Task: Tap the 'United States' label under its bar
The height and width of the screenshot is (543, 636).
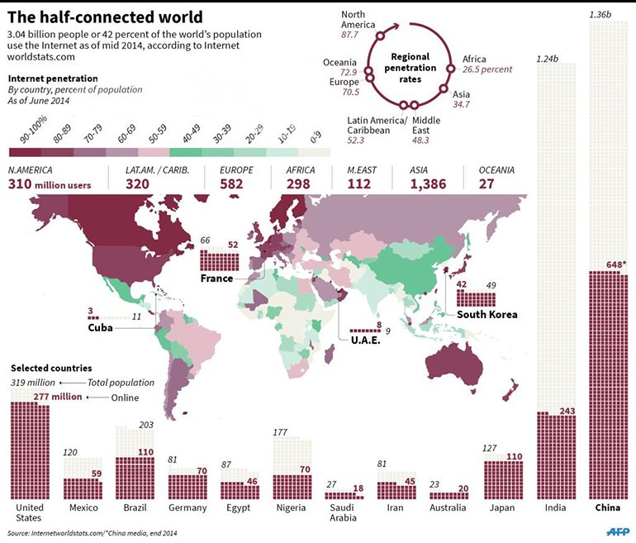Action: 30,512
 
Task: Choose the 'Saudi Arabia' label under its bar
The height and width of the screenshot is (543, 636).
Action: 342,512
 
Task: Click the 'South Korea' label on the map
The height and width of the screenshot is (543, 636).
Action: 486,314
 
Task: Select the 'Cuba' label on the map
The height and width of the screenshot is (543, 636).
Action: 100,328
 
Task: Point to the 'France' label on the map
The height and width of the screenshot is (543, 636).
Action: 217,279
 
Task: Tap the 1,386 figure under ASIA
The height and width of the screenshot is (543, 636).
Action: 430,183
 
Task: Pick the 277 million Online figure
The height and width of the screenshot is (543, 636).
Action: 58,397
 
